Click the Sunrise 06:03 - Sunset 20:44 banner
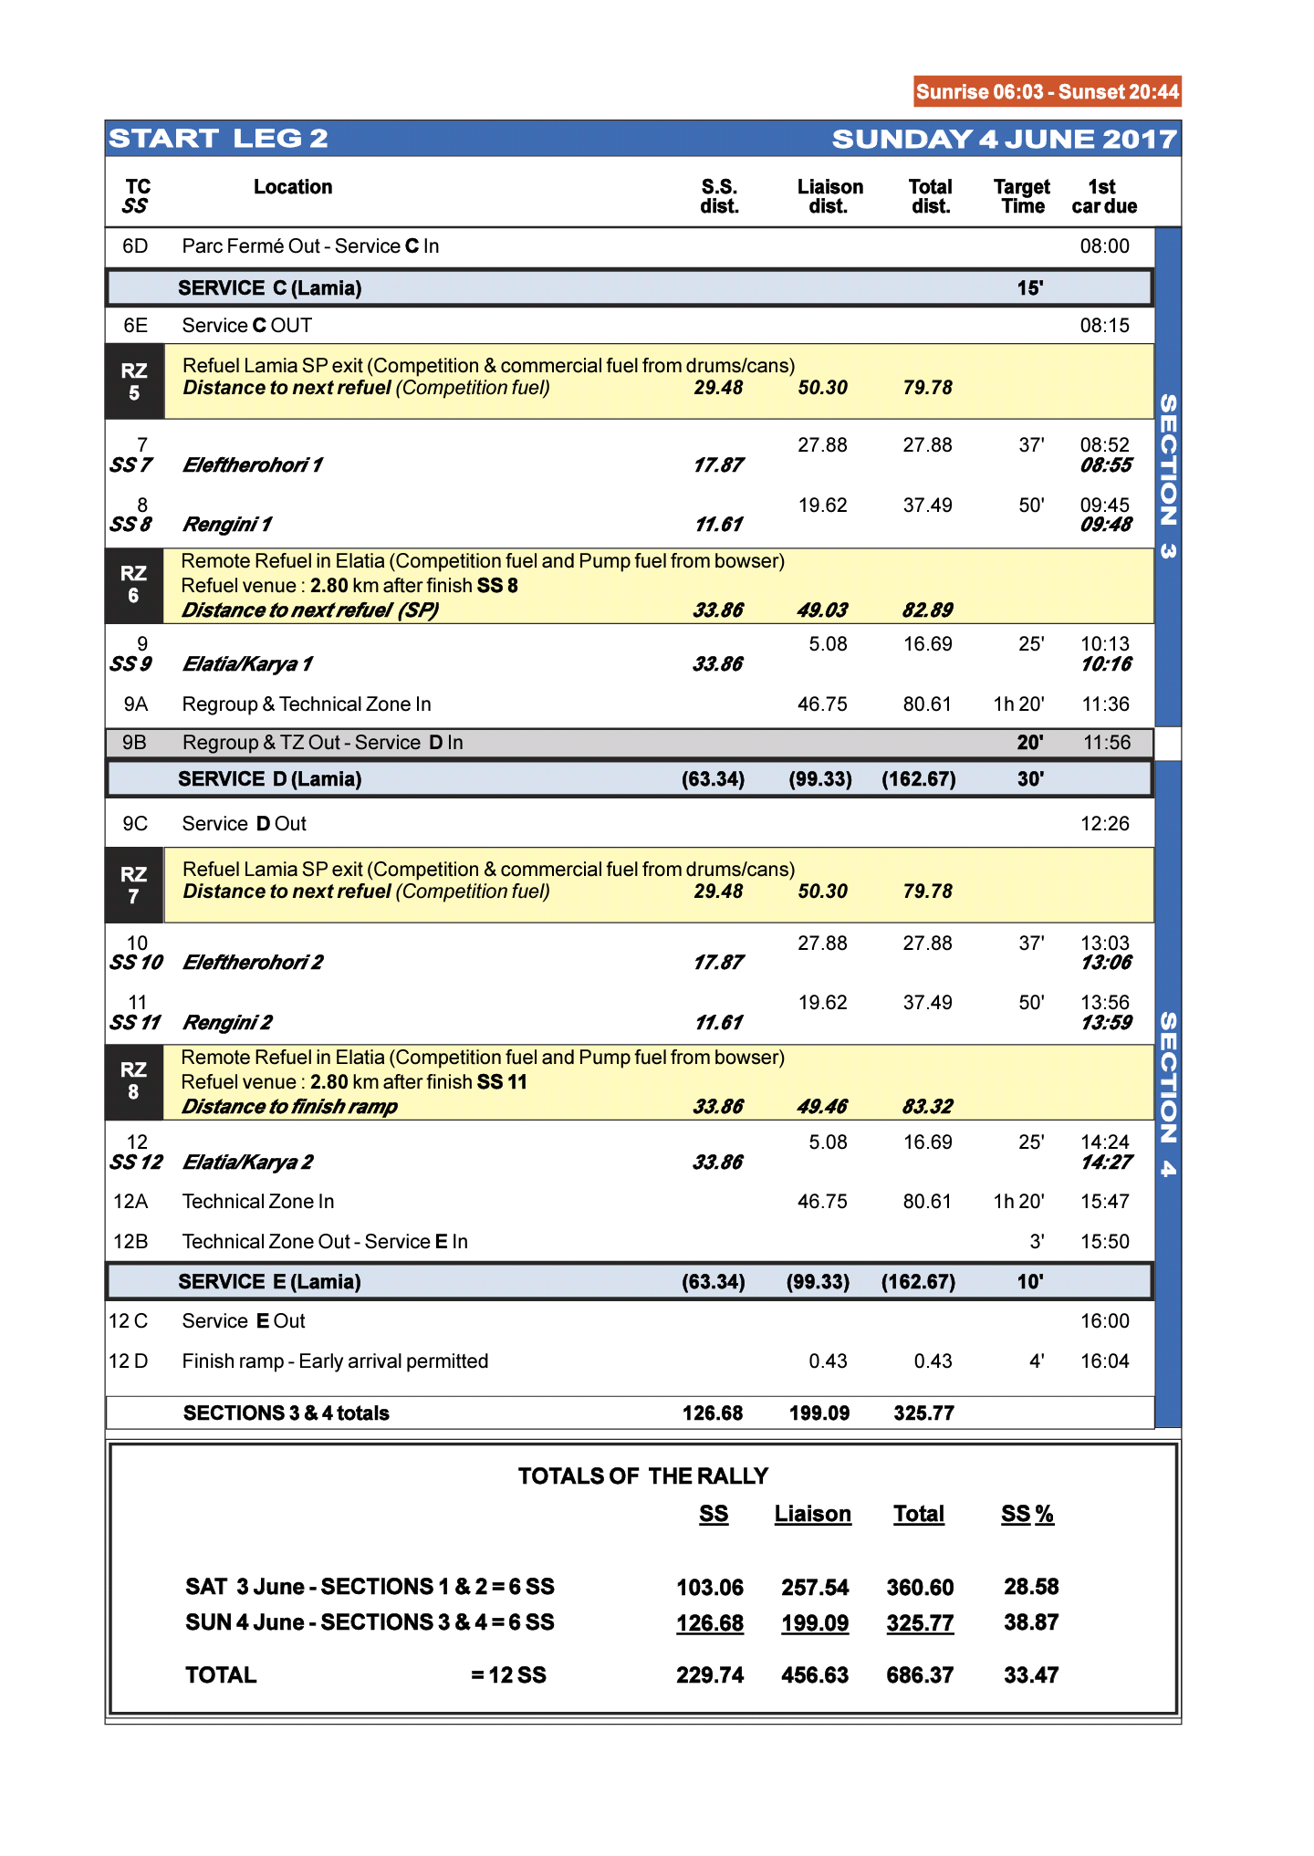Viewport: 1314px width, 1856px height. coord(1047,91)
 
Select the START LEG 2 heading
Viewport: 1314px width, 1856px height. coord(218,139)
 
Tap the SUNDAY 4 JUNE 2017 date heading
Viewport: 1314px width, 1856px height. coord(1004,139)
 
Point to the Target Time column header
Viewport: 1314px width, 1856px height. coord(1022,196)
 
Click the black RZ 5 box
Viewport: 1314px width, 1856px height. coord(134,381)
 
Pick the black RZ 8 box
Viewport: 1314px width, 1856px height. coord(134,1081)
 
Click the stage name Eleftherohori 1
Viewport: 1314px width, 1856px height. coord(253,465)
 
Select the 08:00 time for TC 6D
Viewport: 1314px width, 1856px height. coord(1104,246)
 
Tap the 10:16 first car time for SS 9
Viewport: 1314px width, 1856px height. coord(1106,664)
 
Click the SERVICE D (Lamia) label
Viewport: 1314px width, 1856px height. coord(270,779)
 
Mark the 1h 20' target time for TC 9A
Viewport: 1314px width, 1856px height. coord(1018,704)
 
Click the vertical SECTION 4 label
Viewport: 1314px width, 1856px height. coord(1168,1095)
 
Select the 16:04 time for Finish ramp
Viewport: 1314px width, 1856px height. coord(1104,1361)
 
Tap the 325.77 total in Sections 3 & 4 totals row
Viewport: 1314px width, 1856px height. coord(923,1413)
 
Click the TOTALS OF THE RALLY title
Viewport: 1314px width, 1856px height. coord(643,1476)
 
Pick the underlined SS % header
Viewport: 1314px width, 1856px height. coord(1027,1515)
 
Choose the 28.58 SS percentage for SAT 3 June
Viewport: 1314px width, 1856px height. coord(1031,1587)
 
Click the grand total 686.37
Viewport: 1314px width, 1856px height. coord(920,1675)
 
